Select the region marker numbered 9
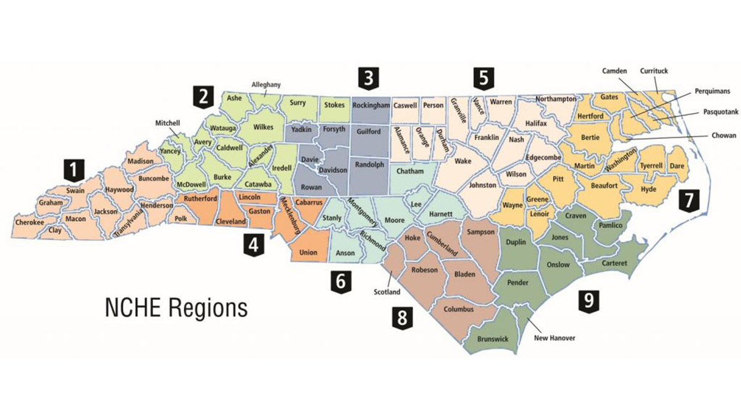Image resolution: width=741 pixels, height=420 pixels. [x=588, y=301]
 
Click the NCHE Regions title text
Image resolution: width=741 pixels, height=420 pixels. [x=175, y=306]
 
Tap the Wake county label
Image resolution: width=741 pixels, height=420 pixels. [x=463, y=161]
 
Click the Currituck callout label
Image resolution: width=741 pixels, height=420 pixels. [x=655, y=71]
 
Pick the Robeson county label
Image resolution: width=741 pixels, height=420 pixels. [x=424, y=270]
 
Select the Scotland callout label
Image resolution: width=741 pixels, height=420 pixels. [x=388, y=292]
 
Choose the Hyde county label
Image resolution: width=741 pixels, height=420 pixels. [x=649, y=189]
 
